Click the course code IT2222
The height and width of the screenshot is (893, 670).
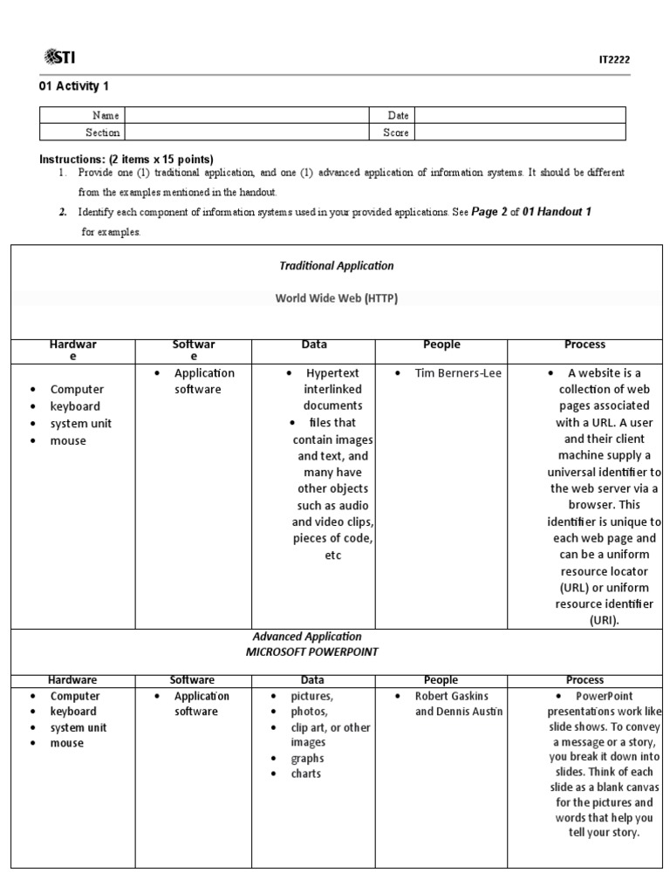pyautogui.click(x=613, y=59)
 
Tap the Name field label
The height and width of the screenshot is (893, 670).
pyautogui.click(x=106, y=115)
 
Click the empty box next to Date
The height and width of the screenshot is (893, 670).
pyautogui.click(x=520, y=115)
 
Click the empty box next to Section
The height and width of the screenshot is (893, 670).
pyautogui.click(x=253, y=133)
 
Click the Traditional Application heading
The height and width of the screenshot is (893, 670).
pyautogui.click(x=336, y=266)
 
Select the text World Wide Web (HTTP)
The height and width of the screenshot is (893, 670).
pyautogui.click(x=336, y=298)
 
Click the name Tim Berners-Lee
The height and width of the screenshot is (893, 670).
pyautogui.click(x=458, y=373)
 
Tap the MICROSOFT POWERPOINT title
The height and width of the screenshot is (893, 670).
pyautogui.click(x=311, y=652)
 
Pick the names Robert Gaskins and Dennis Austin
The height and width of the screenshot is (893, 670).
pyautogui.click(x=459, y=704)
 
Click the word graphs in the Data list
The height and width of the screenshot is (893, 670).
pyautogui.click(x=307, y=759)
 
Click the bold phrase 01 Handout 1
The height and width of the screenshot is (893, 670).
pyautogui.click(x=557, y=212)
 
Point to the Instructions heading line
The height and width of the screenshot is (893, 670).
pyautogui.click(x=126, y=159)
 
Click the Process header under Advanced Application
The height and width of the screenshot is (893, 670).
pyautogui.click(x=585, y=680)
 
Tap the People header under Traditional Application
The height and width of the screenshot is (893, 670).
pyautogui.click(x=441, y=345)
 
